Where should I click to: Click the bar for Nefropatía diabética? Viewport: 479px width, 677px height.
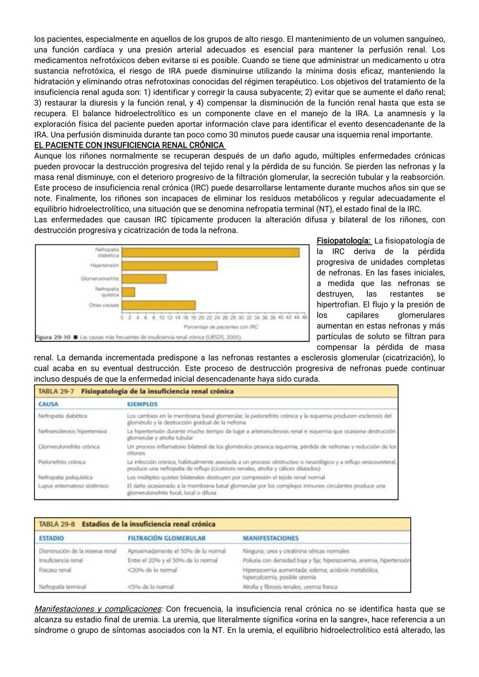(x=210, y=252)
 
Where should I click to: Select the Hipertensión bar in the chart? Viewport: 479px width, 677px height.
(x=169, y=265)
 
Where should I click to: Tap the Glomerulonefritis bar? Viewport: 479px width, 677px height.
(x=144, y=279)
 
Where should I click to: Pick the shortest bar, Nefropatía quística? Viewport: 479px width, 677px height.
(x=128, y=292)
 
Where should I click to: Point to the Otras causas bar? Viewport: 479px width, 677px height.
(x=158, y=305)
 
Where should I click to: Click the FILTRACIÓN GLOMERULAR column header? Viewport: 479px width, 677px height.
(x=166, y=538)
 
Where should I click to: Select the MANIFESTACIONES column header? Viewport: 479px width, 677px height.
(x=271, y=538)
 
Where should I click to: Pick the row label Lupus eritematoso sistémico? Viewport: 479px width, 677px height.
(x=74, y=486)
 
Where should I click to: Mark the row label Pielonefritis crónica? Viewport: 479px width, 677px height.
(x=62, y=462)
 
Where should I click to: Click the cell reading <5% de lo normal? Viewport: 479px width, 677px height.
(x=150, y=586)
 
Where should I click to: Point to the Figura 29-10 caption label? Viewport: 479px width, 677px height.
(x=53, y=338)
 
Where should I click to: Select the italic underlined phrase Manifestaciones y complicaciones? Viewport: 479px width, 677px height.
(x=97, y=609)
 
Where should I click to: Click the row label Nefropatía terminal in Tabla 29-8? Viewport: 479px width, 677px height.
(x=62, y=586)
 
